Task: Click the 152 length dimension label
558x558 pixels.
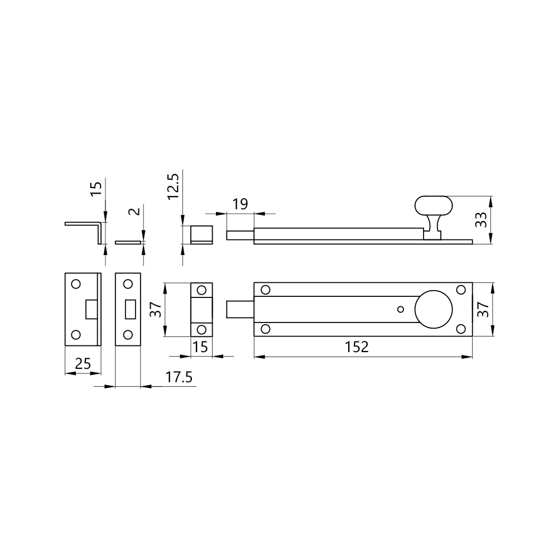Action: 357,347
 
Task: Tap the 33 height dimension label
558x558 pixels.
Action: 481,219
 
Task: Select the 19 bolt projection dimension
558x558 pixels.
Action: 240,204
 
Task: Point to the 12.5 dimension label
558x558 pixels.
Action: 173,185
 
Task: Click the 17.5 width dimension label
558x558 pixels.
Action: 179,377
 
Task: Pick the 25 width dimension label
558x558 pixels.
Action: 83,364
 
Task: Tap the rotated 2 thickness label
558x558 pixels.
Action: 134,211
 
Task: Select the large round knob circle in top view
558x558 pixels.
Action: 434,309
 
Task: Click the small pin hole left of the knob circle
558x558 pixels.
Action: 401,309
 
